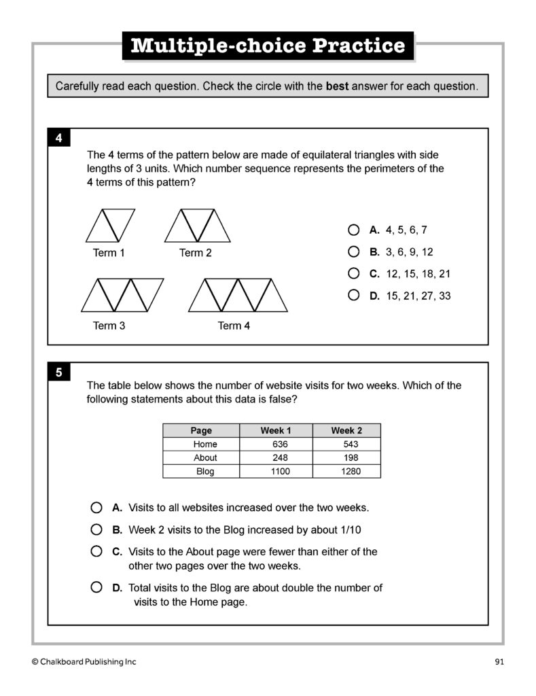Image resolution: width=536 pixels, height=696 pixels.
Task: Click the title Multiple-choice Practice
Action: click(x=268, y=46)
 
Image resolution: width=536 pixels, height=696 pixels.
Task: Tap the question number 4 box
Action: click(x=59, y=139)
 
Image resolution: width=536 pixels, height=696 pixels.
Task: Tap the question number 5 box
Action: click(x=59, y=372)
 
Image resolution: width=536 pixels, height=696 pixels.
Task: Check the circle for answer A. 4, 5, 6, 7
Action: click(x=353, y=230)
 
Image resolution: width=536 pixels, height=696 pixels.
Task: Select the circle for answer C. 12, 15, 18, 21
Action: click(x=353, y=273)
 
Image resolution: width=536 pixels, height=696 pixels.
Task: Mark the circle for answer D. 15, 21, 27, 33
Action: click(x=353, y=295)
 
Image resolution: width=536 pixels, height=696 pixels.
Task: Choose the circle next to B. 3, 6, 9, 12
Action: click(x=353, y=251)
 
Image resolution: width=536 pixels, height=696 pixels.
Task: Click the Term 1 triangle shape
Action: click(x=110, y=226)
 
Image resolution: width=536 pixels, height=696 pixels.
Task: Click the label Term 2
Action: click(x=196, y=253)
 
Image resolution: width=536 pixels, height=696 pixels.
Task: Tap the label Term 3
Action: click(x=109, y=326)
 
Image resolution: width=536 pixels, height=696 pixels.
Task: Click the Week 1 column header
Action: click(x=276, y=430)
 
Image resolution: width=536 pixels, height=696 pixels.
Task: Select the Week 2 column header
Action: click(x=346, y=430)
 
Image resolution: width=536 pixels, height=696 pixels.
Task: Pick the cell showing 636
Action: click(x=280, y=444)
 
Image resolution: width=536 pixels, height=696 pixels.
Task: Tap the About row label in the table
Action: click(x=205, y=457)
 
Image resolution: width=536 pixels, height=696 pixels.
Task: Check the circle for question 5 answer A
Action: click(x=96, y=508)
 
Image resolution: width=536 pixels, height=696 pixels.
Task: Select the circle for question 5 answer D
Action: click(x=96, y=587)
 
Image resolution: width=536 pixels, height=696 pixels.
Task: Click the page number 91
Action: click(x=499, y=661)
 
